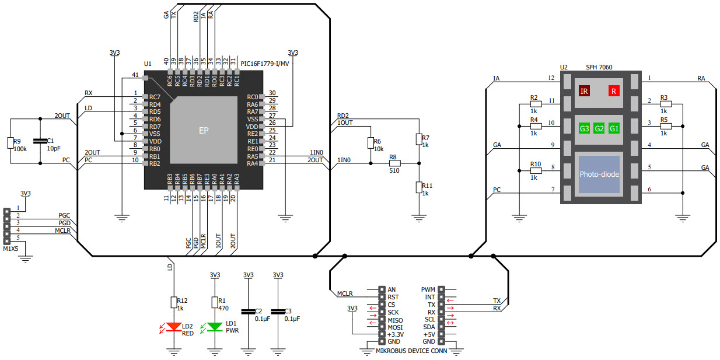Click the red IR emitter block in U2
click(x=584, y=91)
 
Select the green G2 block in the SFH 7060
click(x=599, y=128)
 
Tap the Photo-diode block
click(x=599, y=174)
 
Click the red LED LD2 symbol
click(x=173, y=327)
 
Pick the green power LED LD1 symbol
click(x=215, y=327)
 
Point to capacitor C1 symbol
click(x=40, y=141)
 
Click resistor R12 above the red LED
click(x=173, y=302)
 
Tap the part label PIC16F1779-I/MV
click(x=264, y=64)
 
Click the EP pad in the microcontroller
click(x=203, y=131)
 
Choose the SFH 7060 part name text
click(x=599, y=67)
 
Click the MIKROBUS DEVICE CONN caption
click(x=411, y=351)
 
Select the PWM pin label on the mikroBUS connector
click(x=428, y=289)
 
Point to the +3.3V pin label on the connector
click(x=395, y=334)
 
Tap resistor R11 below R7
click(x=418, y=187)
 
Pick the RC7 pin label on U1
click(x=155, y=97)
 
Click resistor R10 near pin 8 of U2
click(x=536, y=172)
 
